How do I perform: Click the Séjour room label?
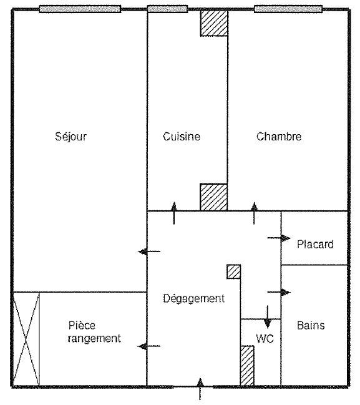click(71, 137)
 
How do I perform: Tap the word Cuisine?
click(182, 137)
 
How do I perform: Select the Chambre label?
click(279, 137)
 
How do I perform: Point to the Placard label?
click(315, 244)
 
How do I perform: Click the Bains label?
click(311, 325)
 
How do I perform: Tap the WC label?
click(265, 339)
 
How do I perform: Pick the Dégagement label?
click(193, 298)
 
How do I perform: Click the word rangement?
click(94, 339)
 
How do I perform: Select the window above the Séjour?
click(80, 9)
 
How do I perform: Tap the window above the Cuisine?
click(167, 9)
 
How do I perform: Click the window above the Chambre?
click(288, 9)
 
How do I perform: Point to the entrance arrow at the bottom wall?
click(200, 389)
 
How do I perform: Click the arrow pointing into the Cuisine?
click(174, 213)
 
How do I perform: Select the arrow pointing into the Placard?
click(279, 238)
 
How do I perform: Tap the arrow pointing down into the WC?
click(268, 317)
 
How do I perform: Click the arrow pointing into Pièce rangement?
click(149, 346)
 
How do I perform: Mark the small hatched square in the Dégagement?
click(234, 271)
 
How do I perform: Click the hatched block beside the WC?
click(247, 366)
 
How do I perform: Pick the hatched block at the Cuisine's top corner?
click(214, 23)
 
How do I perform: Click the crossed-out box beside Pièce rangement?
click(26, 339)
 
